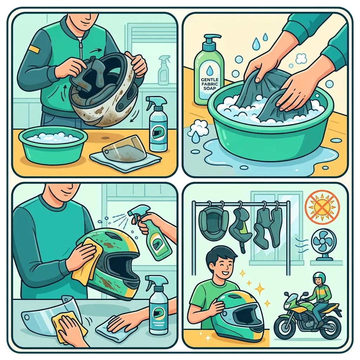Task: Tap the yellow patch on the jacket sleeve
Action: click(34, 49)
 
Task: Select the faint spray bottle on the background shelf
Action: click(164, 70)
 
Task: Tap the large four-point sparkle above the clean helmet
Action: click(260, 289)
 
